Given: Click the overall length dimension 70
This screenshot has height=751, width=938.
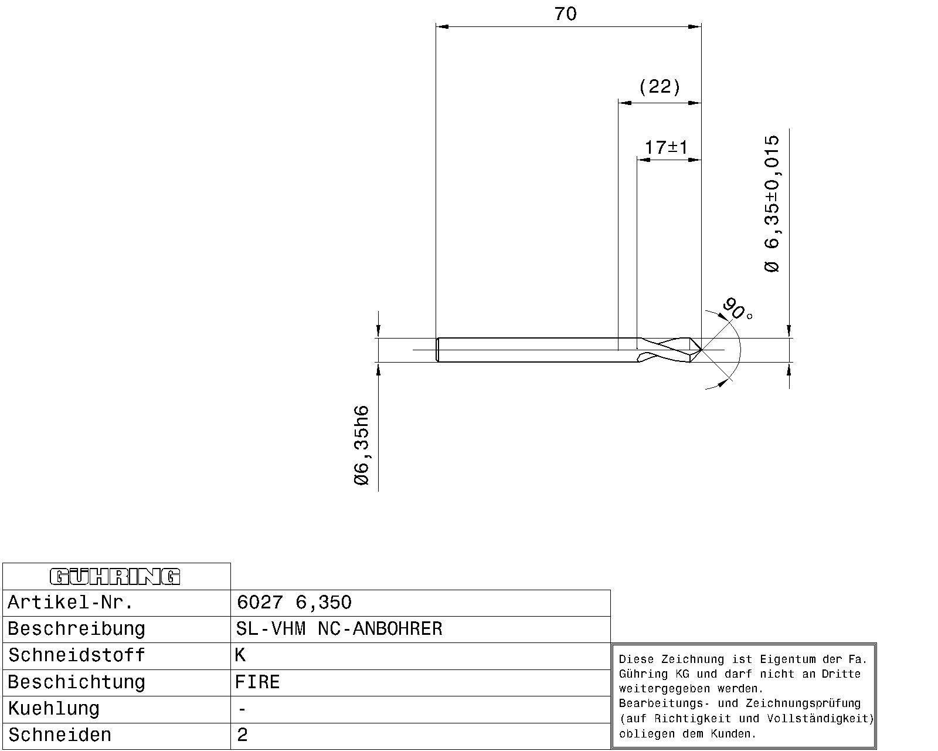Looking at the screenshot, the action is tap(565, 14).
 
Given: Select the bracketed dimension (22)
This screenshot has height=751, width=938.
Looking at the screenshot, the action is tap(660, 86).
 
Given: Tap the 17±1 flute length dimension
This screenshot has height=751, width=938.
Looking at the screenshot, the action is tap(666, 147).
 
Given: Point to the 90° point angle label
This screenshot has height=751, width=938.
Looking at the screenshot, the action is tap(737, 309).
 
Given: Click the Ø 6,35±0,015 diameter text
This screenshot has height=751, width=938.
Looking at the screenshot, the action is tap(772, 204).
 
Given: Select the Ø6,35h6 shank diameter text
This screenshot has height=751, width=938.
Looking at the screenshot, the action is tap(361, 445).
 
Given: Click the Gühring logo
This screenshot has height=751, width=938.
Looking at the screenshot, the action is tap(115, 576).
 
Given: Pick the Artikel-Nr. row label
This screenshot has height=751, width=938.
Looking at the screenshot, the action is tap(70, 603).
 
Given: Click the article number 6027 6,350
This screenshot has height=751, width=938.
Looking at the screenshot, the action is tap(294, 603).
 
